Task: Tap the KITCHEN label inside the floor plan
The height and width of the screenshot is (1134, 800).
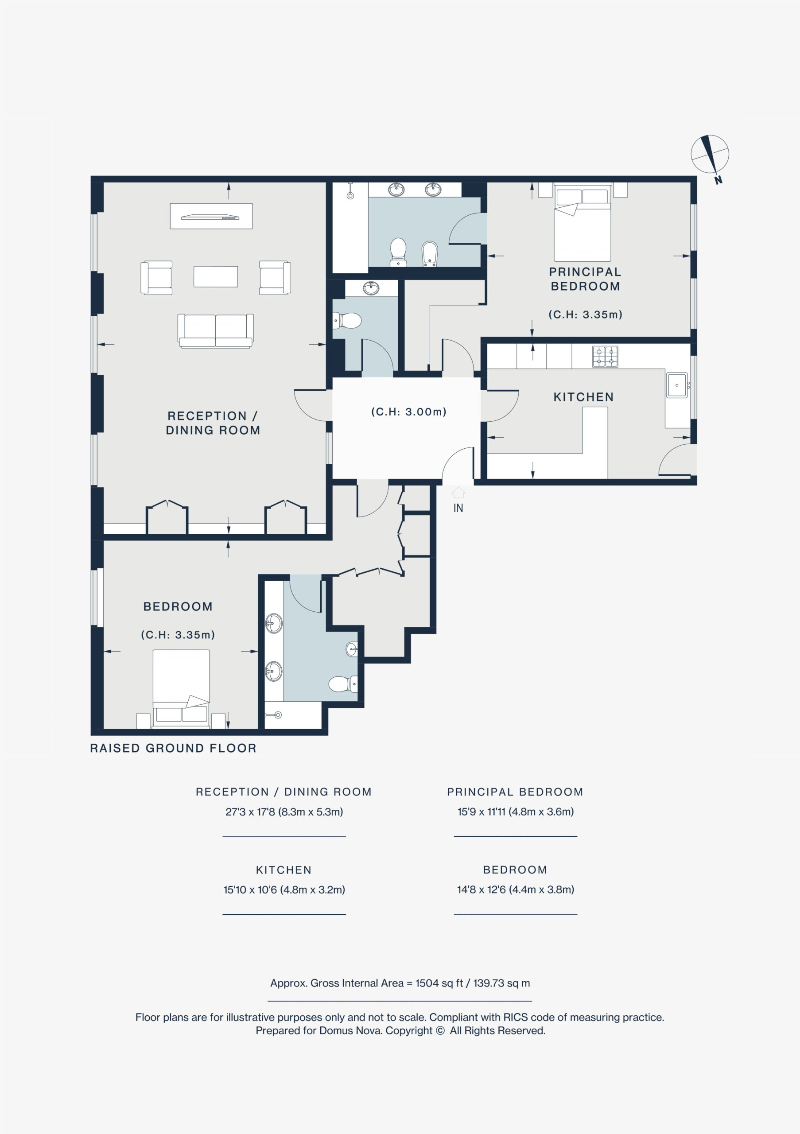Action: (x=583, y=397)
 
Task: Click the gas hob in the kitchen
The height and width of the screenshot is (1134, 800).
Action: (x=605, y=356)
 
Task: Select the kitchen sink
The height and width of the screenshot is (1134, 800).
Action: (x=677, y=385)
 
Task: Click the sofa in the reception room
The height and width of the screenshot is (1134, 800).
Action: (x=216, y=331)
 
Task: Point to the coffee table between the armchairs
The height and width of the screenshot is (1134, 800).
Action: (x=216, y=276)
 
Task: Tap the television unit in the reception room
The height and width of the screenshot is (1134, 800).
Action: (x=211, y=216)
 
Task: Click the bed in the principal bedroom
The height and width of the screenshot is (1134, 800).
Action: (x=583, y=222)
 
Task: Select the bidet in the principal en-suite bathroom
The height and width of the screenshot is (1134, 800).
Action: (x=430, y=254)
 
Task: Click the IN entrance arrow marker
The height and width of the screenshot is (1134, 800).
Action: (x=458, y=493)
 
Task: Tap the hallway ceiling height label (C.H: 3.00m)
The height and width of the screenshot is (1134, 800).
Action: (x=409, y=412)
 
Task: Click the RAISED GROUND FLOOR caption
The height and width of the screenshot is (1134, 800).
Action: (x=173, y=748)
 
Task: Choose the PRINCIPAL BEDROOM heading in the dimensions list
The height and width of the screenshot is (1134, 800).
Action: (x=515, y=792)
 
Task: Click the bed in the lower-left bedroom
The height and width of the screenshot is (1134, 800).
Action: (x=181, y=688)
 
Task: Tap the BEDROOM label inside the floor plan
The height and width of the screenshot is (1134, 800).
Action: (x=178, y=606)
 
